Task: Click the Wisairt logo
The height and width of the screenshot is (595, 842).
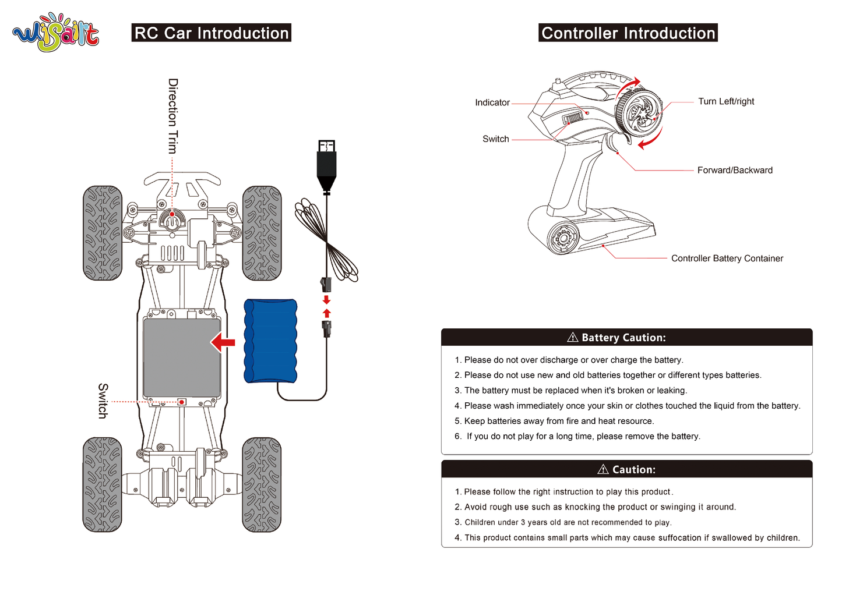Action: [x=56, y=33]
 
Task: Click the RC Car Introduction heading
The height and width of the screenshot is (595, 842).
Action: [x=212, y=33]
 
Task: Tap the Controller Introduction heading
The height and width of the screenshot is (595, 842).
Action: [x=628, y=33]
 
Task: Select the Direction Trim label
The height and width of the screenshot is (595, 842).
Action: [x=172, y=116]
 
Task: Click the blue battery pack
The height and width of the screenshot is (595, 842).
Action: [x=270, y=341]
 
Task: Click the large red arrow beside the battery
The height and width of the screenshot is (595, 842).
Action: [x=223, y=342]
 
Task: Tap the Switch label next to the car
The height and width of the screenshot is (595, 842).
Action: [x=103, y=401]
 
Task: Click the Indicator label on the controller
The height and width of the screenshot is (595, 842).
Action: [x=492, y=102]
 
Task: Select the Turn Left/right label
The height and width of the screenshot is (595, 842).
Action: [x=726, y=101]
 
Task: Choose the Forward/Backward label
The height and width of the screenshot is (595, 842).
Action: [x=735, y=170]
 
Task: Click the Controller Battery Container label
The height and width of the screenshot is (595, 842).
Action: [x=727, y=258]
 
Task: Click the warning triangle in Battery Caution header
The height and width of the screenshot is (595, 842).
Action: [x=573, y=338]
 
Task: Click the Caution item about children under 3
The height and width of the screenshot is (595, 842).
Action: [x=563, y=522]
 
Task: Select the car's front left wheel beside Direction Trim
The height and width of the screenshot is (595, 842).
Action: [x=103, y=233]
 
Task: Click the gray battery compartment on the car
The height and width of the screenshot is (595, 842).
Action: [x=182, y=357]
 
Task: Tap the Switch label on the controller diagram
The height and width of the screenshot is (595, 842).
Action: [x=495, y=139]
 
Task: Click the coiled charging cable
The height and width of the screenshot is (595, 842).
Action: [x=326, y=239]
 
